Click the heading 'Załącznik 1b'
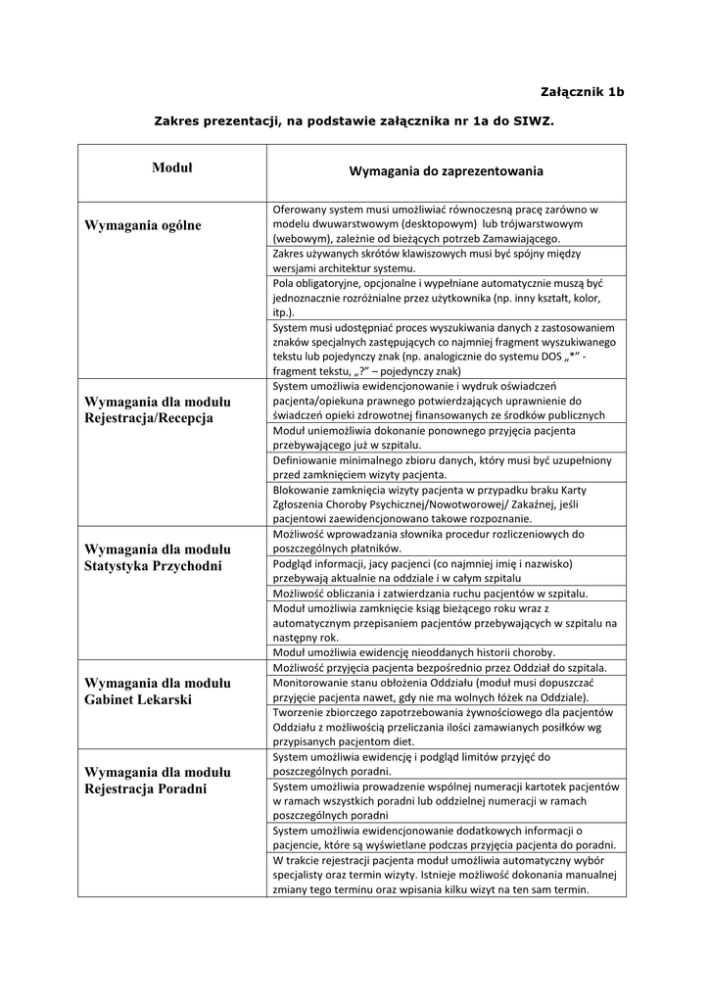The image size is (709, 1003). pyautogui.click(x=582, y=92)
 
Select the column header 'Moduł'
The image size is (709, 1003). pyautogui.click(x=172, y=168)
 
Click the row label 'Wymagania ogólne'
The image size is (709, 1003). pyautogui.click(x=143, y=225)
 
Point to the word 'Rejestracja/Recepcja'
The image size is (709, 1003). pyautogui.click(x=149, y=418)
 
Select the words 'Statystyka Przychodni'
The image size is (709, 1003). pyautogui.click(x=154, y=566)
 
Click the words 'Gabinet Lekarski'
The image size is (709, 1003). pyautogui.click(x=138, y=699)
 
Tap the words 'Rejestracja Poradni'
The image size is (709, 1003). pyautogui.click(x=146, y=788)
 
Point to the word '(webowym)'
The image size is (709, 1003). pyautogui.click(x=302, y=238)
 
